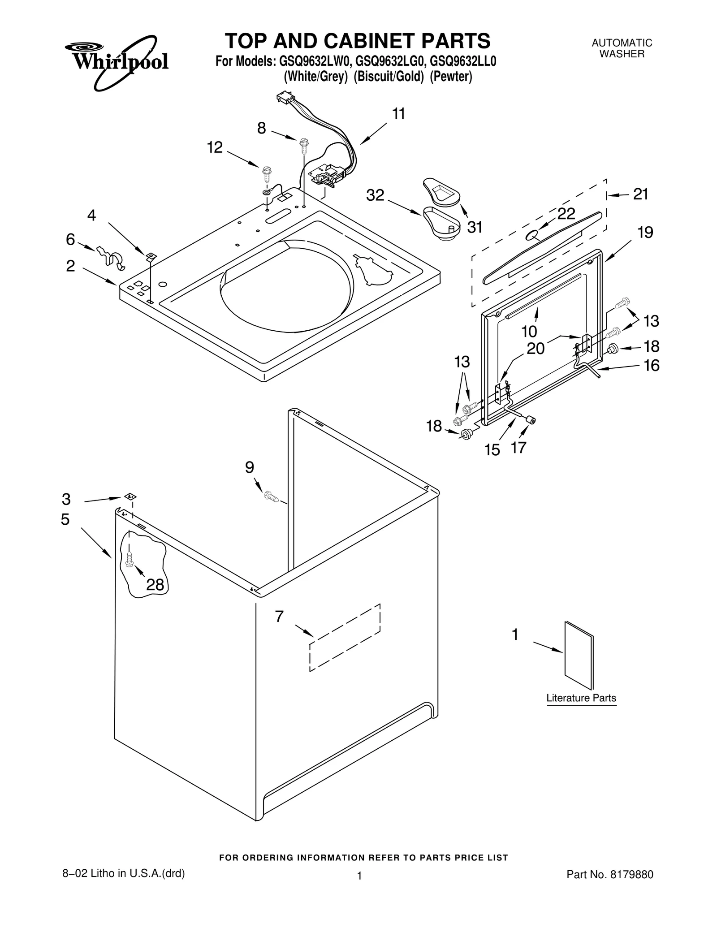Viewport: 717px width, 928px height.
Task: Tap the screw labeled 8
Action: (x=304, y=144)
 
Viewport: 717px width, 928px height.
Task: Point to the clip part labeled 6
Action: (x=110, y=258)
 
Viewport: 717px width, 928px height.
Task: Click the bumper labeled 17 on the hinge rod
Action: (x=531, y=420)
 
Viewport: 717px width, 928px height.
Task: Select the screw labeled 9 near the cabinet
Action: (x=271, y=496)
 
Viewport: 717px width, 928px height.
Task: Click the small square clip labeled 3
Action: (x=130, y=496)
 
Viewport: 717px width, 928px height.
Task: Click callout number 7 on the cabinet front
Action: (x=279, y=617)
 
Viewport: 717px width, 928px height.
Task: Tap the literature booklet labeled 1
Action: (x=579, y=655)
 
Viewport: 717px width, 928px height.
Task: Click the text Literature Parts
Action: (x=581, y=698)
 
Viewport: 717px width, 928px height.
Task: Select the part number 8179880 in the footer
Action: (x=631, y=874)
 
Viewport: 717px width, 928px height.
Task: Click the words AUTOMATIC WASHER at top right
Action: (x=622, y=48)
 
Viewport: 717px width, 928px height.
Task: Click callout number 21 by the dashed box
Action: (x=640, y=194)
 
